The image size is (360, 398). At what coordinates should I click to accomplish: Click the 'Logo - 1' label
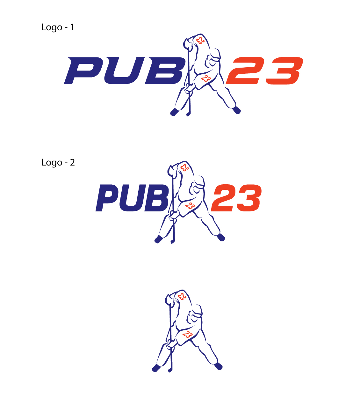(58, 27)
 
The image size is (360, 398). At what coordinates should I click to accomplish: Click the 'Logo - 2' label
(58, 163)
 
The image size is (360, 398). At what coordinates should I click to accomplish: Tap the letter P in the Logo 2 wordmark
(107, 198)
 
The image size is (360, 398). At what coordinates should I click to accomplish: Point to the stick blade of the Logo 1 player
(188, 113)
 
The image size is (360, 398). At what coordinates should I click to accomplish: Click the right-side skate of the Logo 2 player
(221, 237)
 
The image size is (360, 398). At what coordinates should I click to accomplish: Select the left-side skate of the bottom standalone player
(156, 368)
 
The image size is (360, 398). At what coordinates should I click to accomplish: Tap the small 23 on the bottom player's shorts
(187, 335)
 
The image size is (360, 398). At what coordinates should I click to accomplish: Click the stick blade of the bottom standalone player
(170, 370)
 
